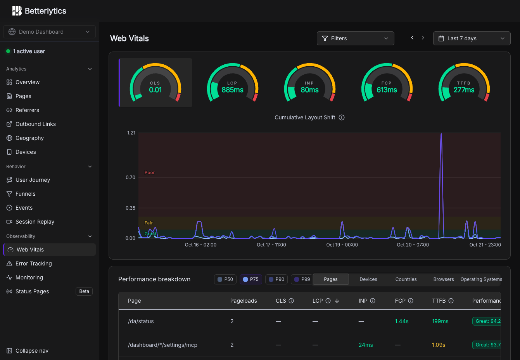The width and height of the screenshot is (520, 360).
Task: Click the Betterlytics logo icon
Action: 17,11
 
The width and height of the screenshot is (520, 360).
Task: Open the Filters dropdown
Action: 355,38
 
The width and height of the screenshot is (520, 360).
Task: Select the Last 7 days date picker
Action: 472,38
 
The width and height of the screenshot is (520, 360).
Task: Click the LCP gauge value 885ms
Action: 232,90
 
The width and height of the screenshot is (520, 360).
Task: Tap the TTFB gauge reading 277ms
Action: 464,90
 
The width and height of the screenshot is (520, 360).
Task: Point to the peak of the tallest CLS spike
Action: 441,133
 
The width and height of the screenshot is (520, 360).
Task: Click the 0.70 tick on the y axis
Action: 130,177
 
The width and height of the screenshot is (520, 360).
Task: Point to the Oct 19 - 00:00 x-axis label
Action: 342,245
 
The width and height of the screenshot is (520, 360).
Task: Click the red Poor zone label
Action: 150,172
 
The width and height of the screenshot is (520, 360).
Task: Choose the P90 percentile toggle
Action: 276,279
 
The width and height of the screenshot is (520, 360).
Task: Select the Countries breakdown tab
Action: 406,279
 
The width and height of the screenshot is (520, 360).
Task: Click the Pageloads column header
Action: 244,301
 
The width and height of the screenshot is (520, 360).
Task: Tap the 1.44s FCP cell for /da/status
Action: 402,321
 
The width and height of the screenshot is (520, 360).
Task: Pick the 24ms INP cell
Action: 366,345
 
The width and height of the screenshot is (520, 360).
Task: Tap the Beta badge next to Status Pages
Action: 84,291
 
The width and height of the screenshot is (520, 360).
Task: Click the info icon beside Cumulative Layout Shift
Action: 342,117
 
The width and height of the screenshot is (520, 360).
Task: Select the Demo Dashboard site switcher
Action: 49,32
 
